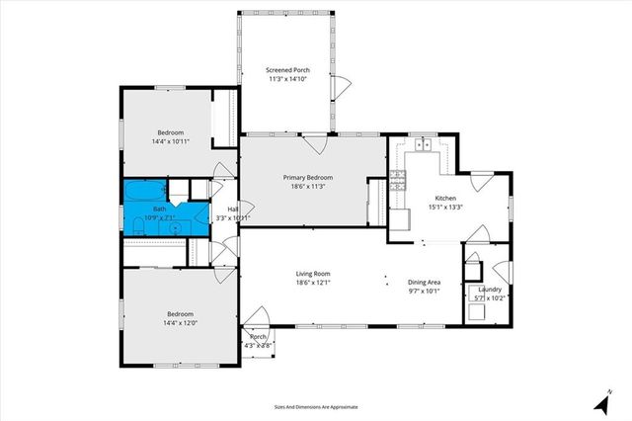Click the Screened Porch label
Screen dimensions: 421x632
(x=288, y=70)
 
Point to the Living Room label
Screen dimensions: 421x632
(x=312, y=274)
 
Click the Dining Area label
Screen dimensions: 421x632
(x=426, y=283)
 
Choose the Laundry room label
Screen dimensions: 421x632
(x=490, y=290)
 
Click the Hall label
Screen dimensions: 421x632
(x=233, y=210)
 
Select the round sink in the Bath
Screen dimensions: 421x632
(x=175, y=227)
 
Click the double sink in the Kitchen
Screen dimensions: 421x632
(x=425, y=145)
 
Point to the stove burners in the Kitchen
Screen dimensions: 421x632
(x=398, y=179)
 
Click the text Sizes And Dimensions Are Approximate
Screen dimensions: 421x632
(x=316, y=406)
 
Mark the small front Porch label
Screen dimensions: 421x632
(x=259, y=337)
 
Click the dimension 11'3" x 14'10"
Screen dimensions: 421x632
(x=288, y=79)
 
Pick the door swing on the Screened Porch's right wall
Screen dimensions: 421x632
(x=341, y=84)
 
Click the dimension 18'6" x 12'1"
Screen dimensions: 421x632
(x=312, y=283)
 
